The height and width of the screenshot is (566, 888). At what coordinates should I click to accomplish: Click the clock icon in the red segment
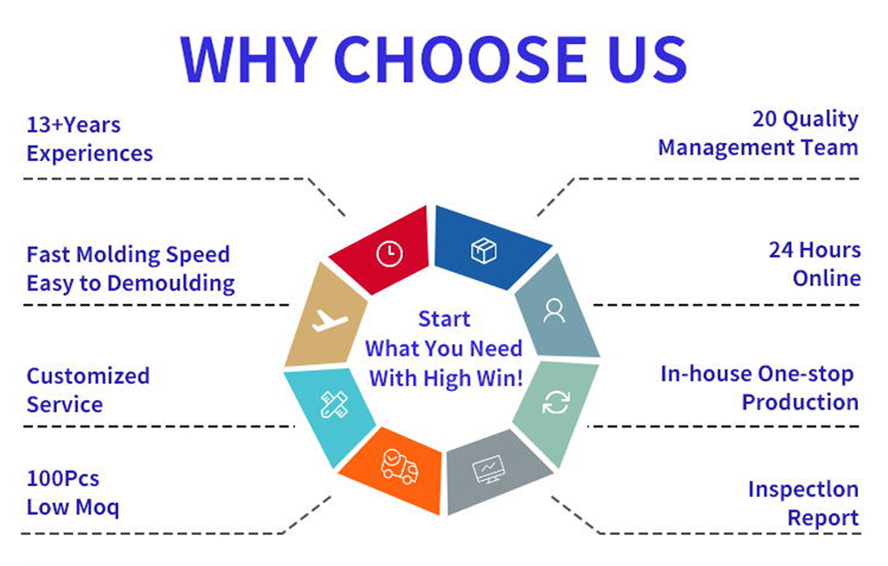click(x=390, y=253)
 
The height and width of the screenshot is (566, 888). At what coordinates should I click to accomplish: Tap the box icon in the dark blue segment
click(x=484, y=251)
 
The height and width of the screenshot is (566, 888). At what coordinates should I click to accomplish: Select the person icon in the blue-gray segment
click(x=553, y=311)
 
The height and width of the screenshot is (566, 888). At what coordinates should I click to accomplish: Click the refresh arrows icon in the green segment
click(x=556, y=403)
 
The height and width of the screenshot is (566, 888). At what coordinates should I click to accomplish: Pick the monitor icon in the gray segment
click(x=488, y=469)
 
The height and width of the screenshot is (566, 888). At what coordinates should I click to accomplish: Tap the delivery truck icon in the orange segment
click(x=400, y=466)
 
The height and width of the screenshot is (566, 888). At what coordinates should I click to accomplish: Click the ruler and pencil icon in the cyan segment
click(x=334, y=404)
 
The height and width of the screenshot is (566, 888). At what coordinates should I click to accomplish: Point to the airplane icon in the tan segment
click(x=329, y=321)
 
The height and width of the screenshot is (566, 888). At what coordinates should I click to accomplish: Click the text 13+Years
click(x=74, y=124)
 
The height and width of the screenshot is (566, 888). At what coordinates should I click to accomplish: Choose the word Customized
click(x=88, y=376)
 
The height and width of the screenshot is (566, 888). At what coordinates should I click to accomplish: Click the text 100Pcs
click(x=63, y=479)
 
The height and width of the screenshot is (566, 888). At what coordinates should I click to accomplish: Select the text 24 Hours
click(x=814, y=250)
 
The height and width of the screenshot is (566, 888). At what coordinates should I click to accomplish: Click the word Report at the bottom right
click(x=823, y=518)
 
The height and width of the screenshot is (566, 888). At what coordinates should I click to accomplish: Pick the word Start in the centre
click(x=444, y=319)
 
